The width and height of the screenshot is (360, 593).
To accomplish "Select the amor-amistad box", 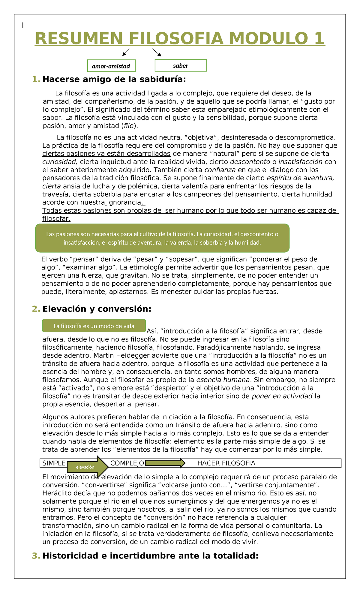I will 111,66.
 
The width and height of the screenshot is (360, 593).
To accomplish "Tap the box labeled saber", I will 181,66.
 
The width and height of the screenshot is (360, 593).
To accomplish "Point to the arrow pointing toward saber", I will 157,52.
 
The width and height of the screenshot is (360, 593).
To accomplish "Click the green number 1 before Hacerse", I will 36,80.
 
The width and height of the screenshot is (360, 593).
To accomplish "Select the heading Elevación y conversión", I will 97,309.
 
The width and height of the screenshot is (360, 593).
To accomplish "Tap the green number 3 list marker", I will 36,556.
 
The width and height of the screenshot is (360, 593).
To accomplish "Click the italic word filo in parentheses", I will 128,126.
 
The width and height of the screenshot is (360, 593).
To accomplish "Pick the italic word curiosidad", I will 60,162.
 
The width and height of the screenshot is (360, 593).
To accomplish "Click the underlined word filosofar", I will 56,219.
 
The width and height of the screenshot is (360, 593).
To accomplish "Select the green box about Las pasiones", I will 162,238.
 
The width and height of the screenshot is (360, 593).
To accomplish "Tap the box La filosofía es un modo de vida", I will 94,326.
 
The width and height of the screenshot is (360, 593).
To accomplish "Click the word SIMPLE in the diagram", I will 54,463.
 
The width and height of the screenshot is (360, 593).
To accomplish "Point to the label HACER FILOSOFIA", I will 226,463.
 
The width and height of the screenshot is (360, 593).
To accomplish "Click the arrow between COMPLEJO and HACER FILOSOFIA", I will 165,463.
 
